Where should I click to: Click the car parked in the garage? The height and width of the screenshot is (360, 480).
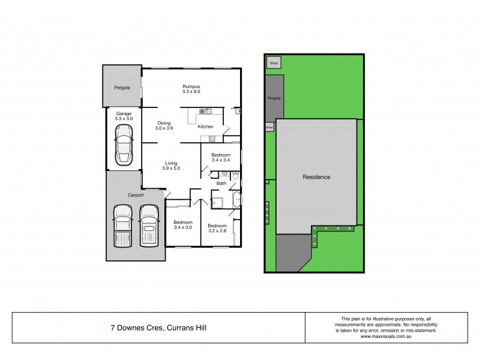(124, 147)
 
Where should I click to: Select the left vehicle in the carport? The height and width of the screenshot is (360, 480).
(123, 226)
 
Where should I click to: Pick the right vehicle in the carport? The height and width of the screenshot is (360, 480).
(148, 226)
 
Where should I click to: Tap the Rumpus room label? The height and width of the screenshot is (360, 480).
(191, 89)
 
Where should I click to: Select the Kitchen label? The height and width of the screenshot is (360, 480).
(206, 127)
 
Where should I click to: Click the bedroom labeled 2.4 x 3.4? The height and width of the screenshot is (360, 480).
(221, 157)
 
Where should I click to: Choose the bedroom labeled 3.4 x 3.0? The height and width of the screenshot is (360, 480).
(182, 224)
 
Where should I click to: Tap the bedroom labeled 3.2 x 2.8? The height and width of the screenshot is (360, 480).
(217, 227)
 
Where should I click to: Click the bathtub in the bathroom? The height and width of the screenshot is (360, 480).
(236, 200)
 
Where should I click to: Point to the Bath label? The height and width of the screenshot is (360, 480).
(221, 183)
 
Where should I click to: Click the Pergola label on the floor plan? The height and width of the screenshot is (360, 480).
(122, 88)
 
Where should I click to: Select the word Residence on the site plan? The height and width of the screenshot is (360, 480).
(316, 177)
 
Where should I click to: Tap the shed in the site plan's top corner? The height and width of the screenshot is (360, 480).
(274, 62)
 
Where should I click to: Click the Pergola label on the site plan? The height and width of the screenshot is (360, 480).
(274, 98)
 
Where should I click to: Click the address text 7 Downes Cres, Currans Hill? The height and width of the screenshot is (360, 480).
(159, 328)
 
